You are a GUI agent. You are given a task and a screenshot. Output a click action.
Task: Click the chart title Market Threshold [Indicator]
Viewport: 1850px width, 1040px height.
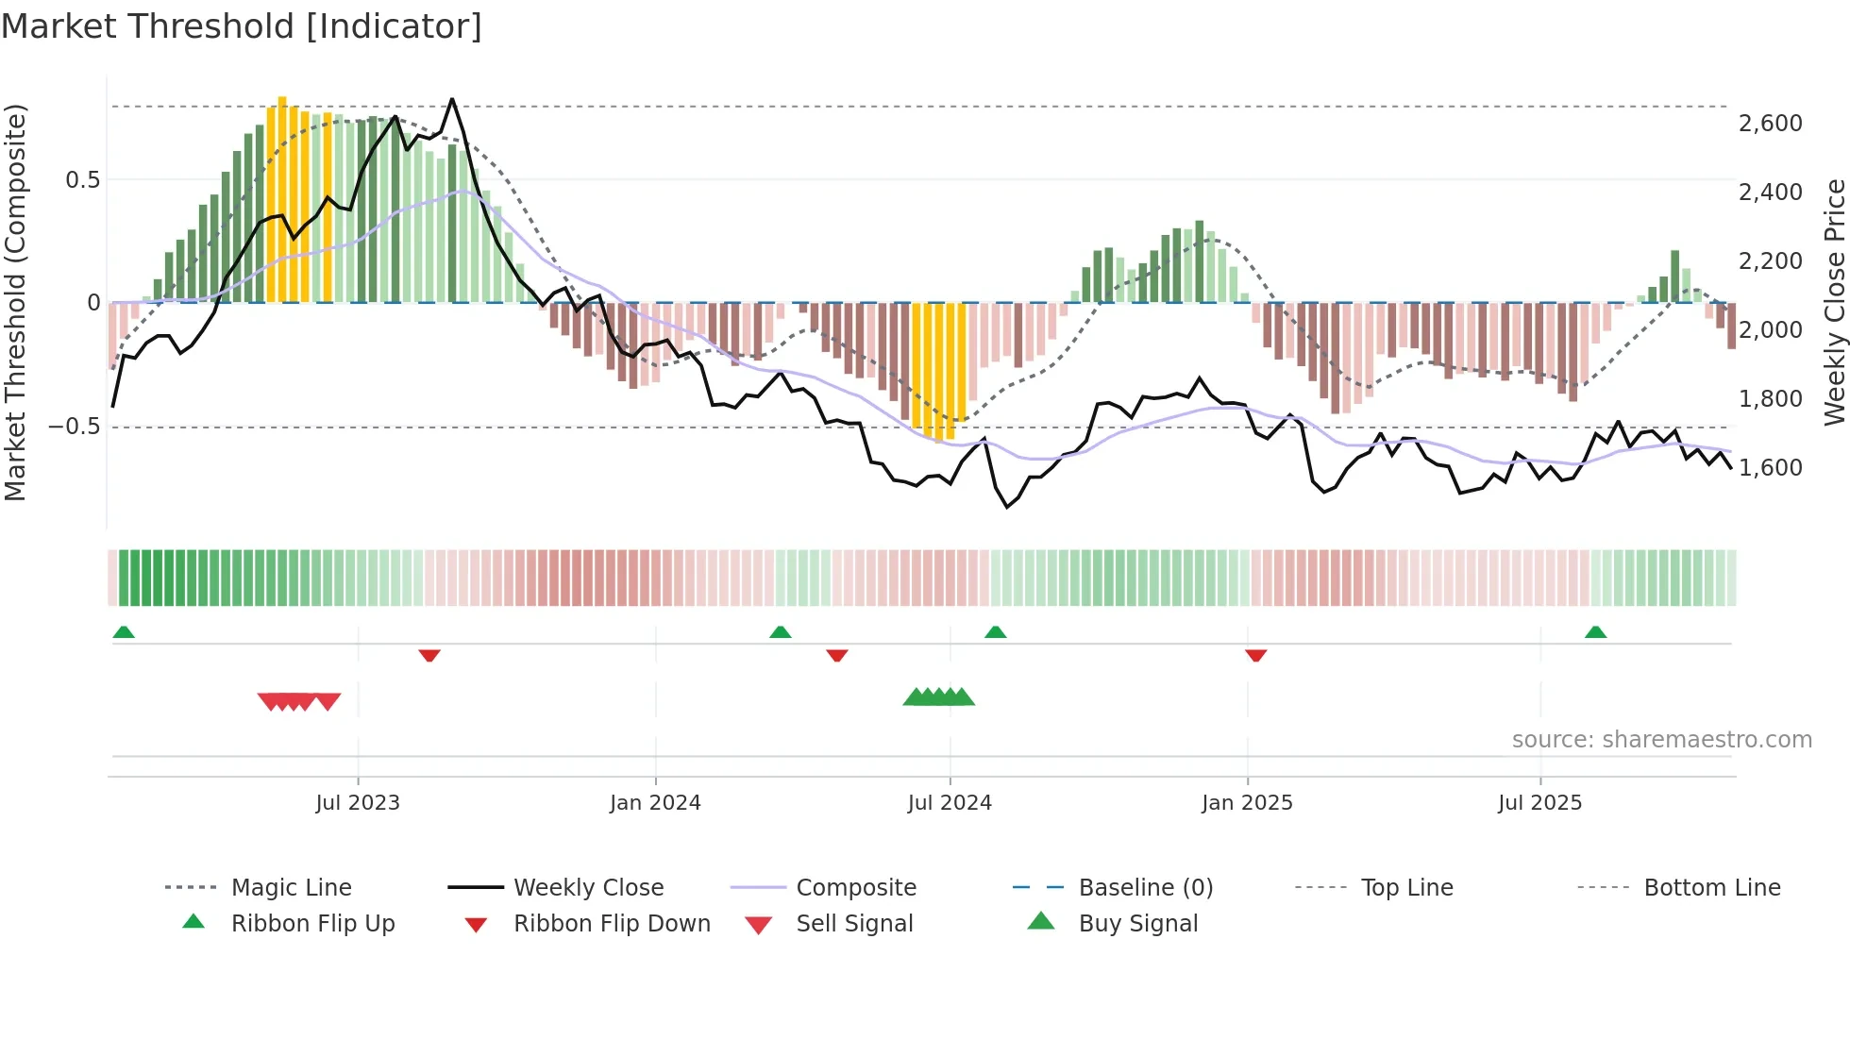(x=242, y=26)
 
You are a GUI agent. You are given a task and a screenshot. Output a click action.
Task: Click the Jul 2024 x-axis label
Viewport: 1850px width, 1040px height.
(x=950, y=803)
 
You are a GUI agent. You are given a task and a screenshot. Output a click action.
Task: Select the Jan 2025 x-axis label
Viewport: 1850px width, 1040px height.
(x=1247, y=803)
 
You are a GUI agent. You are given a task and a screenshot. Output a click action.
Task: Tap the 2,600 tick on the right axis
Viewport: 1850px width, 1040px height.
(x=1770, y=124)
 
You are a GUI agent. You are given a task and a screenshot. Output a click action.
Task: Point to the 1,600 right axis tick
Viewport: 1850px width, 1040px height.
(x=1770, y=468)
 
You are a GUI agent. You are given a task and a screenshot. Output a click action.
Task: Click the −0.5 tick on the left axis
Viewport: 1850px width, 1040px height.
(x=74, y=427)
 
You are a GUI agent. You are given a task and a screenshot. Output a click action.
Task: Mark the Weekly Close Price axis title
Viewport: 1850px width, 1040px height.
(x=1834, y=302)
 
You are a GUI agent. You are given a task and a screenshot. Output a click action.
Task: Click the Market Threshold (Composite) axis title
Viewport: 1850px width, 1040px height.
(x=15, y=302)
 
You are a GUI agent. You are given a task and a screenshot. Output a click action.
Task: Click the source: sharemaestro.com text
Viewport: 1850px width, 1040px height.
(x=1661, y=740)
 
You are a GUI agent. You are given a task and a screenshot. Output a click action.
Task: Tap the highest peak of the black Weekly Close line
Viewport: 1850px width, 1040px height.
(x=452, y=99)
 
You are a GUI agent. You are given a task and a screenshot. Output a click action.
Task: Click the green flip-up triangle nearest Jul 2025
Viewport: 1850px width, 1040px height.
(x=1595, y=632)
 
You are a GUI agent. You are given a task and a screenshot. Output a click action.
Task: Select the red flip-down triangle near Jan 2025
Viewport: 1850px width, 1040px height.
(x=1255, y=655)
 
